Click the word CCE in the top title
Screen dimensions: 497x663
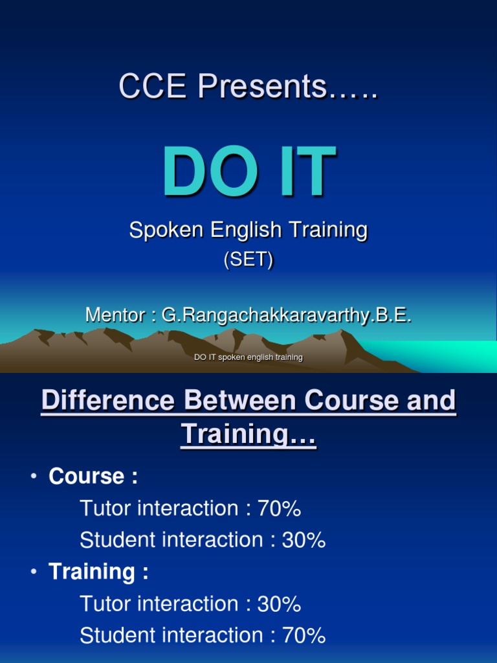pyautogui.click(x=153, y=86)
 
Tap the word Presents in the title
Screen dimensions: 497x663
pyautogui.click(x=262, y=86)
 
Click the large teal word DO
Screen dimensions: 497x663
pyautogui.click(x=210, y=171)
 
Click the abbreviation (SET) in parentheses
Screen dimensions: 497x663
pyautogui.click(x=248, y=259)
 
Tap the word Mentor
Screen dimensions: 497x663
pyautogui.click(x=115, y=315)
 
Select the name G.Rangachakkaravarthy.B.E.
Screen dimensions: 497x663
pyautogui.click(x=287, y=316)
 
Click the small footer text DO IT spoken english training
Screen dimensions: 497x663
pyautogui.click(x=248, y=357)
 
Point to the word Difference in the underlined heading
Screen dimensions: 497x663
pyautogui.click(x=108, y=399)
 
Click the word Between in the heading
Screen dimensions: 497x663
pyautogui.click(x=239, y=399)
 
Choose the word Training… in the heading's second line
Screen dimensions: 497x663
pyautogui.click(x=248, y=434)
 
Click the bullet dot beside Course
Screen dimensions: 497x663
pyautogui.click(x=34, y=476)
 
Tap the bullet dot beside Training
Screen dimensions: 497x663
pyautogui.click(x=34, y=571)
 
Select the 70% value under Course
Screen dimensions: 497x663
pyautogui.click(x=280, y=508)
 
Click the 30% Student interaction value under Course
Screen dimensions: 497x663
pyautogui.click(x=304, y=540)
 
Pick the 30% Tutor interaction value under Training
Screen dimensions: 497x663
pyautogui.click(x=280, y=604)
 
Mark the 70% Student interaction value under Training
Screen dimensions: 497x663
pyautogui.click(x=304, y=636)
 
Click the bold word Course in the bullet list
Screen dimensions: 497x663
pyautogui.click(x=87, y=476)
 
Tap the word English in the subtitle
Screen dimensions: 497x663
pyautogui.click(x=246, y=230)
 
